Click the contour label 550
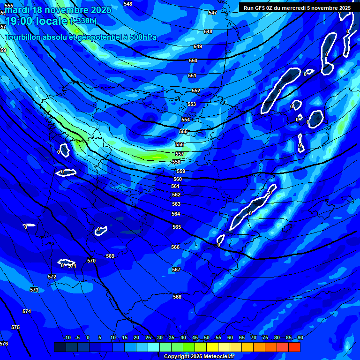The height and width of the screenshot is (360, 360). [193, 61]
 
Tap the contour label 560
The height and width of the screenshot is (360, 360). [178, 180]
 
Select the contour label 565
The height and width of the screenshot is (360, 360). [176, 227]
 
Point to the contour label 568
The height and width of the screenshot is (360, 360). [177, 297]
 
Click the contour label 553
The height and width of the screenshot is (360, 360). [192, 105]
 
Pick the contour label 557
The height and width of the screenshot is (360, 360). [180, 154]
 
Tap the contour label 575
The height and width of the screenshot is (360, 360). [15, 327]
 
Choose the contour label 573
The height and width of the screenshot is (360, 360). [34, 290]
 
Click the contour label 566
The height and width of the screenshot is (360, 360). [175, 247]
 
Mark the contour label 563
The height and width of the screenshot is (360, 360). [176, 204]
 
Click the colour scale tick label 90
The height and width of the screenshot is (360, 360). [300, 337]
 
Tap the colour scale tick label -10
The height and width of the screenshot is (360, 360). [67, 337]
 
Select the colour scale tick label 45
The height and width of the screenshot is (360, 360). [195, 337]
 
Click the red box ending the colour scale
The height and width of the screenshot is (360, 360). [294, 347]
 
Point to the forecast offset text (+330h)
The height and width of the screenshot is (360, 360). [83, 21]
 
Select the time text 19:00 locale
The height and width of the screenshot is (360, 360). [36, 21]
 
